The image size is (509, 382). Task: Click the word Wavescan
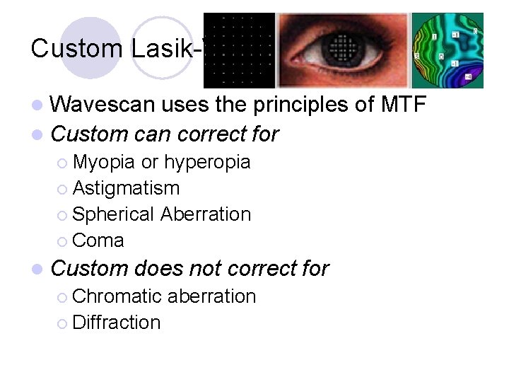104,105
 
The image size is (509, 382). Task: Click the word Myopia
104,162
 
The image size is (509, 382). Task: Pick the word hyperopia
206,162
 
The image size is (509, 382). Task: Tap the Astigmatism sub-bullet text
126,188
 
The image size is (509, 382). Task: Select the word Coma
98,241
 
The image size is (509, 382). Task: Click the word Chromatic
119,296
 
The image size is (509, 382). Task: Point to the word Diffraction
117,323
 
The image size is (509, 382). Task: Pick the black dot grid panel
239,50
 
